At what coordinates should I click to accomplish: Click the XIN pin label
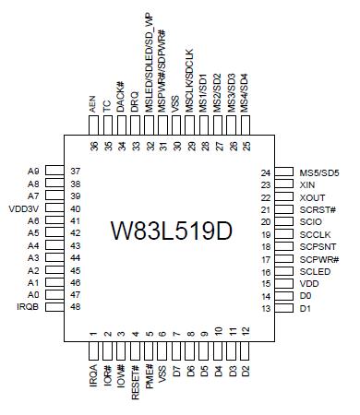point(309,184)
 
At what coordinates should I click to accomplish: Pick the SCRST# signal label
point(318,209)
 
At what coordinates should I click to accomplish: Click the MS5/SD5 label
point(319,172)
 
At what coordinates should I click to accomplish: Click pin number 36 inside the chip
point(93,146)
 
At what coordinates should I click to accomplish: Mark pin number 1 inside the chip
point(93,333)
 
